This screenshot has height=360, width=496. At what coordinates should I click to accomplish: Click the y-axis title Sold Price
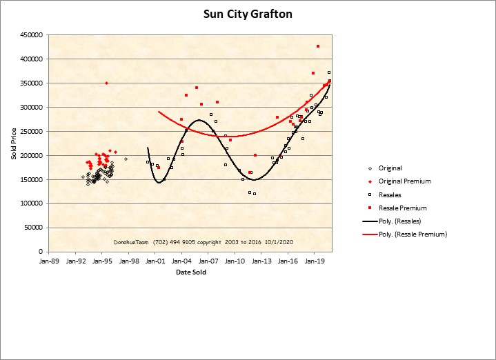tap(13, 143)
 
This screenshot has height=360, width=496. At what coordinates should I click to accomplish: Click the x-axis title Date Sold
tap(190, 272)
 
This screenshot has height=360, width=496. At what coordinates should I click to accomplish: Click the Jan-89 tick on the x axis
tap(50, 262)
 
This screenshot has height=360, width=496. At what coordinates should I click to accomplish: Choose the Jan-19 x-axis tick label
tap(315, 262)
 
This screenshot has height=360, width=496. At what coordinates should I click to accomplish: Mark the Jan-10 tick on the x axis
tap(235, 262)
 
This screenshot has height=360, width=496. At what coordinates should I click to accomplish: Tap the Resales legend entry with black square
tap(390, 194)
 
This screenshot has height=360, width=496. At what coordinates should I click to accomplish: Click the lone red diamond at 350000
tap(106, 83)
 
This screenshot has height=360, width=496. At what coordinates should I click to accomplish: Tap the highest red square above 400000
tap(318, 46)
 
